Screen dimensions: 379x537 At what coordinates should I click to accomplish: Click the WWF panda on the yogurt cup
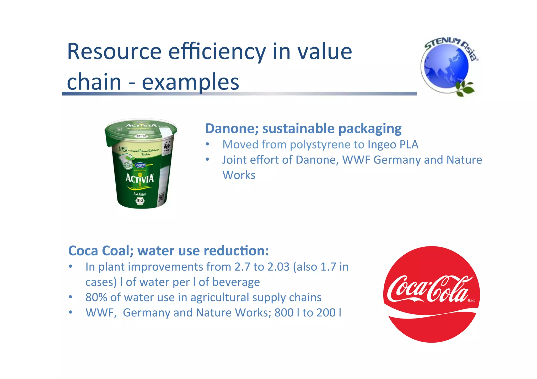coord(167,146)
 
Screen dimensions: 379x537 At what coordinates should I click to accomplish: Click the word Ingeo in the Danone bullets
coord(382,145)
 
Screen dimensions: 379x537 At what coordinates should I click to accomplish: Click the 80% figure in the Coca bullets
coord(96,298)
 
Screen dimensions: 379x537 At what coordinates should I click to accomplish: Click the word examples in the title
coord(190,82)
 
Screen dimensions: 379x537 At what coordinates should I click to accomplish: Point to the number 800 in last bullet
coord(284,313)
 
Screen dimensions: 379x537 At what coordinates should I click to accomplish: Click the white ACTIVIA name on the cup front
coord(139,179)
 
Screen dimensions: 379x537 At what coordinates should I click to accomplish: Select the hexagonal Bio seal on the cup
coord(140,201)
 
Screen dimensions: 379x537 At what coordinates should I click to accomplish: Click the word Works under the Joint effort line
coord(239,175)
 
